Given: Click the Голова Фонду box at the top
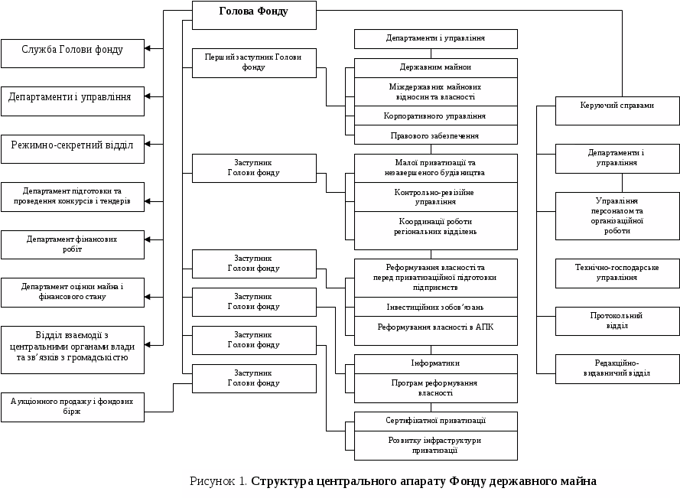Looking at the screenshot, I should pyautogui.click(x=253, y=13).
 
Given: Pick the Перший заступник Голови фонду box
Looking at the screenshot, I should pyautogui.click(x=253, y=63).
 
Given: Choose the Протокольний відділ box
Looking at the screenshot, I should pyautogui.click(x=617, y=321).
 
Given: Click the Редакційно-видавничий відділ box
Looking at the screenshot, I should pyautogui.click(x=617, y=368).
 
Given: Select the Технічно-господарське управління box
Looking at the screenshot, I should pyautogui.click(x=617, y=273).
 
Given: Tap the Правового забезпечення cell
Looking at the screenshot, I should pyautogui.click(x=435, y=135).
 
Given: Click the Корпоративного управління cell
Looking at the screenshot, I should pyautogui.click(x=435, y=116).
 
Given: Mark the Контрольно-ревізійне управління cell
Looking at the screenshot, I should pyautogui.click(x=435, y=197).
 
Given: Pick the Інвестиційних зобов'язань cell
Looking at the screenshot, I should pyautogui.click(x=435, y=307).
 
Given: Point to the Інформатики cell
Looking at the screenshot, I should pyautogui.click(x=435, y=363).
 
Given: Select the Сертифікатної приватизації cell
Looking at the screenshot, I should pyautogui.click(x=435, y=421).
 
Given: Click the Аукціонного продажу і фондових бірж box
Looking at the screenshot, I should pyautogui.click(x=73, y=406).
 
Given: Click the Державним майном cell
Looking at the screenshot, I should pyautogui.click(x=435, y=67).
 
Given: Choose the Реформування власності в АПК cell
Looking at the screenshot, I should pyautogui.click(x=435, y=327).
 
